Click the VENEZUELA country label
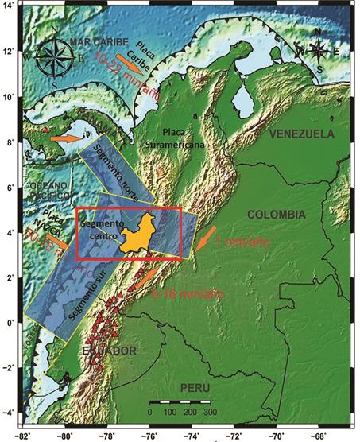(x=311, y=135)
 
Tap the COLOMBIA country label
(x=276, y=215)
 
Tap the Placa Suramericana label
(x=184, y=138)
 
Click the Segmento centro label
(x=99, y=230)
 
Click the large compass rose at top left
(x=61, y=56)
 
